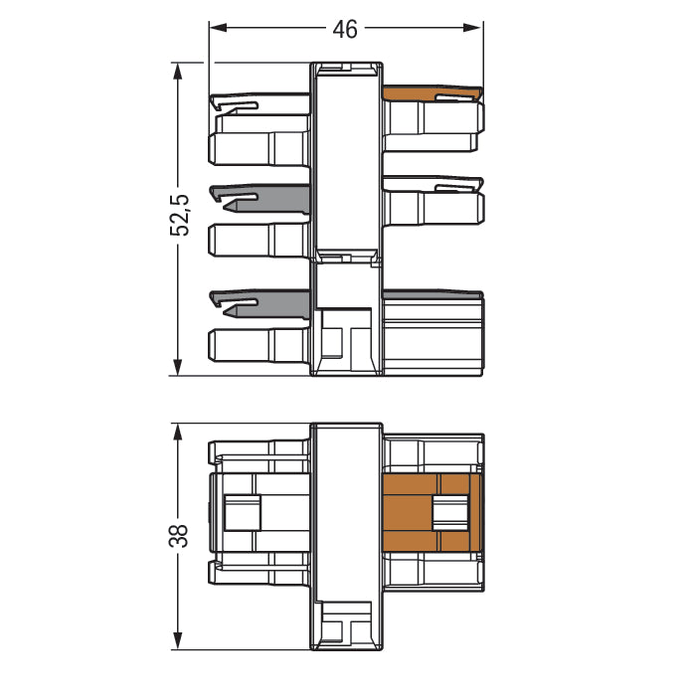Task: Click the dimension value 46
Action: (x=345, y=30)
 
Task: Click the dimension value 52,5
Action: (x=180, y=216)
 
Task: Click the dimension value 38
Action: (x=179, y=535)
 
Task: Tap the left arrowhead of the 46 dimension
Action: (x=219, y=28)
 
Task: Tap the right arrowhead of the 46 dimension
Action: (x=472, y=28)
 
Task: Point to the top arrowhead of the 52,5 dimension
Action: (x=178, y=71)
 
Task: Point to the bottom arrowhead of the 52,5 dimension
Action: (x=178, y=367)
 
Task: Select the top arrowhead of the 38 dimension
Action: (x=178, y=432)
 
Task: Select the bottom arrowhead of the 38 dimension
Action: (x=178, y=641)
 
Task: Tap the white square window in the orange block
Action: (x=450, y=513)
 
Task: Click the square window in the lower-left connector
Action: (x=243, y=513)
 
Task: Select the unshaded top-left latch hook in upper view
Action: (x=260, y=101)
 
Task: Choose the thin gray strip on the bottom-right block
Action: (x=433, y=294)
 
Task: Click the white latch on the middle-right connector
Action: (x=433, y=184)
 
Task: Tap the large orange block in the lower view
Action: (x=433, y=513)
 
